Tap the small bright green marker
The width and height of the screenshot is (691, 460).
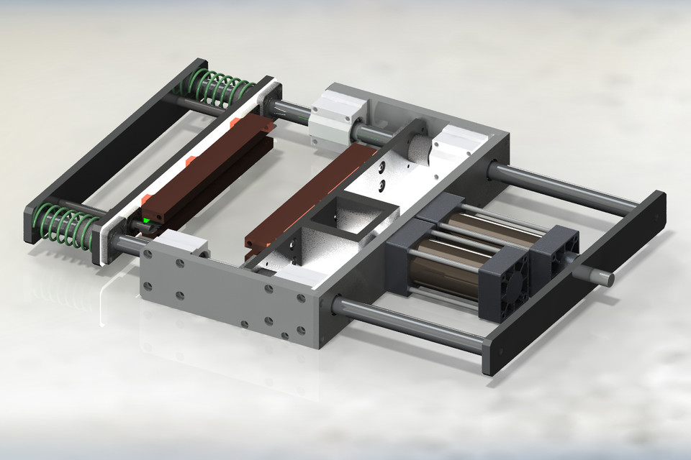pyautogui.click(x=147, y=220)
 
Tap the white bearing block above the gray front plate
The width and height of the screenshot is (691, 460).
pyautogui.click(x=180, y=248)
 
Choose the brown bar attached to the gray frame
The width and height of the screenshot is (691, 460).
pyautogui.click(x=310, y=198)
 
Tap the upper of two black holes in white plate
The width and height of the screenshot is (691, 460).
pyautogui.click(x=381, y=167)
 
